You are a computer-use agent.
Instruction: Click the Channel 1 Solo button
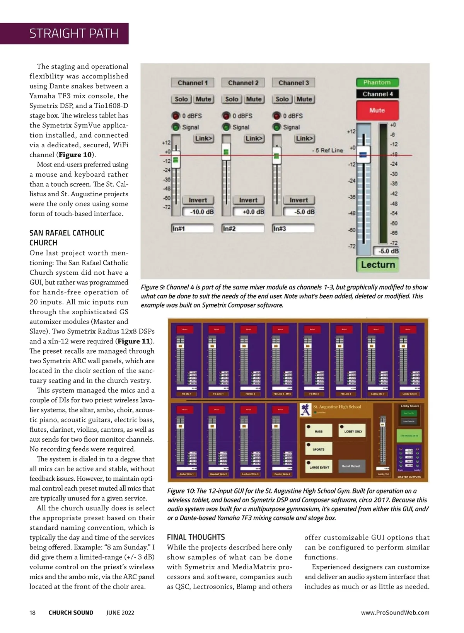click(181, 99)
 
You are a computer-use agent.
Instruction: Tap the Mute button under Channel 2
click(254, 99)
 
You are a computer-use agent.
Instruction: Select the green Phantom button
click(377, 82)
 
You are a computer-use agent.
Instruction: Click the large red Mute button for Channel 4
click(377, 111)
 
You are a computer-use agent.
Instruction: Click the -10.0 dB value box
click(198, 212)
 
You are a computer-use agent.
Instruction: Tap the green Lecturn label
click(378, 265)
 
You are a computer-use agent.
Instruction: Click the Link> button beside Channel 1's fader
click(203, 138)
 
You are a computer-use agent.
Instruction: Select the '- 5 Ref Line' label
click(327, 150)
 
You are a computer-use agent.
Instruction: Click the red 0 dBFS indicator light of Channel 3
click(277, 116)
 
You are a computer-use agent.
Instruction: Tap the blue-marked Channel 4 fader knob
click(363, 155)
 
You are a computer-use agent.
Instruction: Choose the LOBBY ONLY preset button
click(353, 431)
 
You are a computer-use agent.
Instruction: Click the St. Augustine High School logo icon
click(306, 409)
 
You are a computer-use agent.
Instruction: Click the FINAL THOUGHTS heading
click(196, 537)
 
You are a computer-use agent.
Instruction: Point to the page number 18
click(32, 613)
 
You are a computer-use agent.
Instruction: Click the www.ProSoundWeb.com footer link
click(395, 613)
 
